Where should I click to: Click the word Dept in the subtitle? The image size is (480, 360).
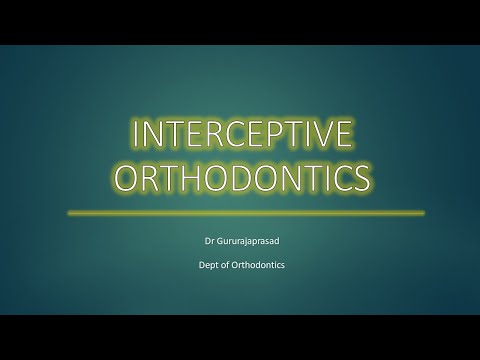click(211, 265)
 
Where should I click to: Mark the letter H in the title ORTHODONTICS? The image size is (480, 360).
click(206, 178)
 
